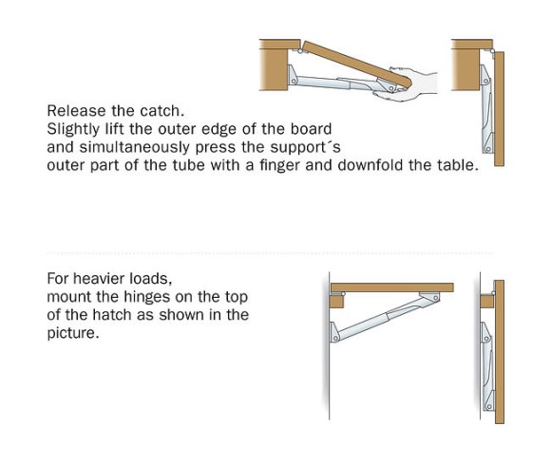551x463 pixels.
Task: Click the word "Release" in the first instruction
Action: click(x=76, y=111)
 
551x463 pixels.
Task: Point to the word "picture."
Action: click(x=73, y=333)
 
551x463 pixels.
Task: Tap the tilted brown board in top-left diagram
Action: click(x=356, y=65)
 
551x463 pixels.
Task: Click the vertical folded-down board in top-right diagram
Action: click(x=499, y=109)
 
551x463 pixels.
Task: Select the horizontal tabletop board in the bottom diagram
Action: click(x=392, y=287)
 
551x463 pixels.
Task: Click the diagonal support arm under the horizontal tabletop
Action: click(x=386, y=317)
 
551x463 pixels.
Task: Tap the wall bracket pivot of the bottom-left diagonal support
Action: click(x=335, y=339)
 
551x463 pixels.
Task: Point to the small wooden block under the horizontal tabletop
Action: click(x=337, y=301)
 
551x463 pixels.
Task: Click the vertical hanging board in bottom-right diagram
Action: click(x=500, y=352)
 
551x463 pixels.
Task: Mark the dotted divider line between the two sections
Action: click(x=271, y=252)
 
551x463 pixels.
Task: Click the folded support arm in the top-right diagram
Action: click(x=487, y=109)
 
